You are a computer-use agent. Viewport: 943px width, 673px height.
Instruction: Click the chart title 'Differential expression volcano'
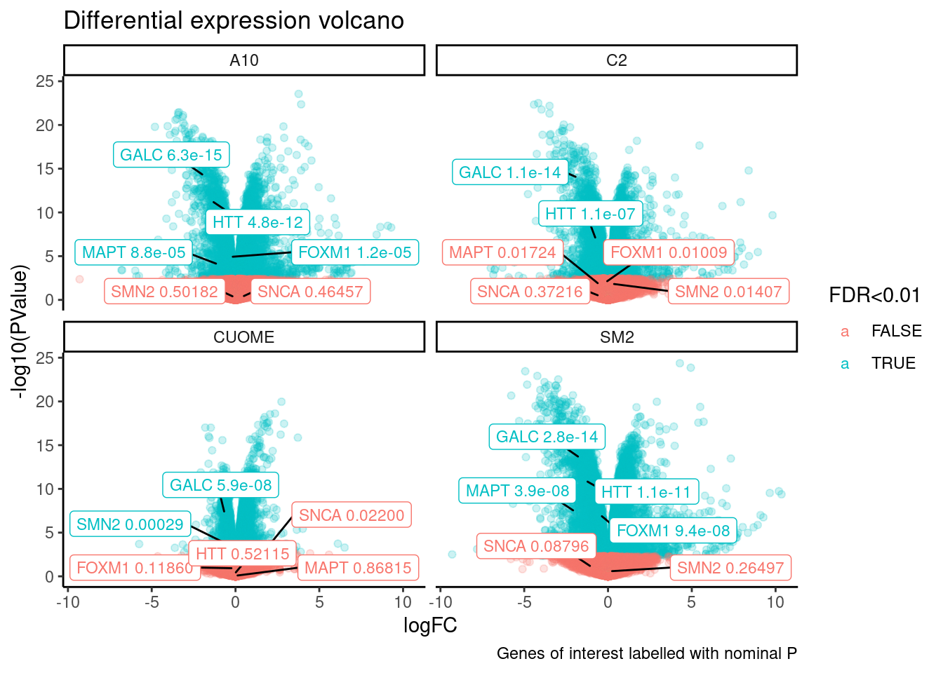coord(234,21)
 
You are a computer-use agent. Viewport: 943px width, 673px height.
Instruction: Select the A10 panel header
coord(244,60)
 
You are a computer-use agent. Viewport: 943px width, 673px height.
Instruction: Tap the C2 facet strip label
coord(616,60)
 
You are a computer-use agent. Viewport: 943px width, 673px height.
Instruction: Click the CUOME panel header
coord(244,337)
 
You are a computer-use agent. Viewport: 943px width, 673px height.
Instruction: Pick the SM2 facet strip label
coord(616,337)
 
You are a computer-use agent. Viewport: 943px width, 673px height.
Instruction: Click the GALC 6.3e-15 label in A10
coord(171,155)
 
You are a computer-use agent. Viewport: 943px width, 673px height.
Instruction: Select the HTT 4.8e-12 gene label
coord(258,222)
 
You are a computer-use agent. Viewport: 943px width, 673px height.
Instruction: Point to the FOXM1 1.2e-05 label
coord(355,252)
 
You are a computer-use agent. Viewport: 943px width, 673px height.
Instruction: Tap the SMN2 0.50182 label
coord(165,291)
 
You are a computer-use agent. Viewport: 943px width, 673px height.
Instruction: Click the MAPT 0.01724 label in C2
coord(502,252)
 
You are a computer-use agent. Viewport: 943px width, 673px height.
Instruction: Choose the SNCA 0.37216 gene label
coord(530,292)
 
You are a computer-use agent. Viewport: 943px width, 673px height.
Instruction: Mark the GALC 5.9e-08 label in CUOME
coord(221,485)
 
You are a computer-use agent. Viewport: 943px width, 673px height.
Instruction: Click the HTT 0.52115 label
coord(243,554)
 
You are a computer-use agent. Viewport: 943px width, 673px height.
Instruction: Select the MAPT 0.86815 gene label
coord(358,568)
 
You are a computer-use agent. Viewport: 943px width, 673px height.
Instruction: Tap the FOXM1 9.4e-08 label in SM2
coord(674,531)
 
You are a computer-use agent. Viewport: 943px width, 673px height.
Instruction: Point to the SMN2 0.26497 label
coord(730,568)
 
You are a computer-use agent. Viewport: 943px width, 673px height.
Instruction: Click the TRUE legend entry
coord(892,363)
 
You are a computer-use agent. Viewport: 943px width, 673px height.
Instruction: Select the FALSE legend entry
coord(895,331)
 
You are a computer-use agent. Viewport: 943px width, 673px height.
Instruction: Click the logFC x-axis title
coord(430,625)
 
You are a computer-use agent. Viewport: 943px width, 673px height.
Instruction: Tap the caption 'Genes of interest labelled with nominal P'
coord(646,653)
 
